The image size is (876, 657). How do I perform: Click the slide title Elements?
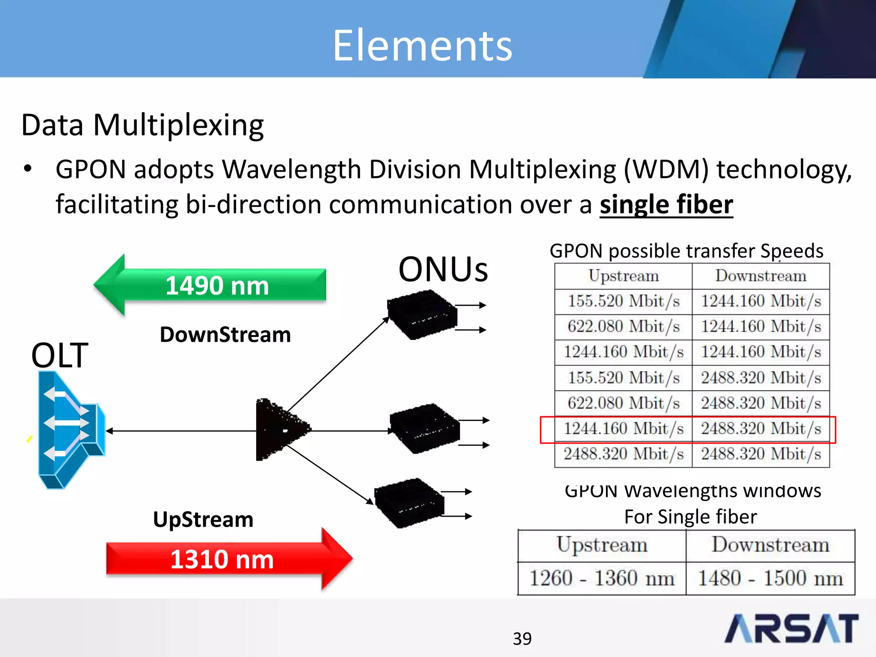pyautogui.click(x=422, y=45)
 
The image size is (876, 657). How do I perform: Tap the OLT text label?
pyautogui.click(x=59, y=355)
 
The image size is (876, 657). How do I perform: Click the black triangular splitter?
pyautogui.click(x=278, y=429)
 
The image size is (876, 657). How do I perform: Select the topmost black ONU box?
pyautogui.click(x=421, y=314)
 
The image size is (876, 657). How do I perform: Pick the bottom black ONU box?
pyautogui.click(x=409, y=503)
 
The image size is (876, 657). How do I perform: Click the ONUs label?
pyautogui.click(x=443, y=269)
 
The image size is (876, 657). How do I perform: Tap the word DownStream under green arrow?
pyautogui.click(x=225, y=334)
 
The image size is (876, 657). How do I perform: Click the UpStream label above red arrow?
pyautogui.click(x=203, y=519)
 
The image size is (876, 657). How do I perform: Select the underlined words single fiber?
pyautogui.click(x=666, y=204)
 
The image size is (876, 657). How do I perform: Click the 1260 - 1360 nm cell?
pyautogui.click(x=601, y=578)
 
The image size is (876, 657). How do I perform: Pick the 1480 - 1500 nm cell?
pyautogui.click(x=770, y=578)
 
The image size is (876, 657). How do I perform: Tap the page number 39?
pyautogui.click(x=522, y=639)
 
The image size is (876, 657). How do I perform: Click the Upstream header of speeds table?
pyautogui.click(x=623, y=276)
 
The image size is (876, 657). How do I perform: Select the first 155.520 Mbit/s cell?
pyautogui.click(x=623, y=301)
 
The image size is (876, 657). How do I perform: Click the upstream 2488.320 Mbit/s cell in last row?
pyautogui.click(x=623, y=454)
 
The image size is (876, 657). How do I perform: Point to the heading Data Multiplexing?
pyautogui.click(x=142, y=125)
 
